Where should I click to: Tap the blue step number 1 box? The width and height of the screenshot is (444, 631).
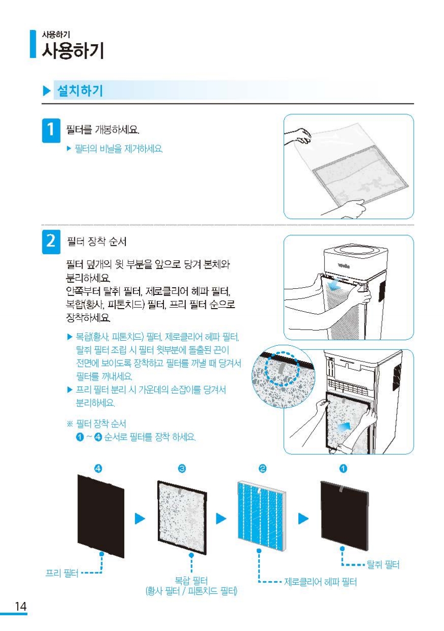51,130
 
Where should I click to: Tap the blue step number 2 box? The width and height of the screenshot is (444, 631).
51,242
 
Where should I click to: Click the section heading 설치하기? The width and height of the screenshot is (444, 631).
80,91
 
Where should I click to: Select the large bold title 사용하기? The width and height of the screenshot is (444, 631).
73,51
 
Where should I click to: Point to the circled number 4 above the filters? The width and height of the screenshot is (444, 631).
98,469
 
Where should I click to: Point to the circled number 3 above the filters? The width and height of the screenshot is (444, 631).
182,469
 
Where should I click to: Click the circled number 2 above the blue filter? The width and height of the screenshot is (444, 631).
262,469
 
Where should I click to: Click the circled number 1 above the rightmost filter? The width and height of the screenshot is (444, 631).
343,469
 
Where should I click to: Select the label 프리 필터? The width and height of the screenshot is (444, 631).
62,573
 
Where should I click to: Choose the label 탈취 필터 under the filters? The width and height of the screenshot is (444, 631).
383,564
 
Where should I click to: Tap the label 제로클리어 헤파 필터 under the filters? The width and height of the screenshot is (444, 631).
320,582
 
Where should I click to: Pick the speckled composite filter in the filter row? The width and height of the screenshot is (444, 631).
182,517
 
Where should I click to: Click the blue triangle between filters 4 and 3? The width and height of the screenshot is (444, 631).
140,518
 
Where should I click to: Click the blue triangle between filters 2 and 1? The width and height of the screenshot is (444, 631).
303,518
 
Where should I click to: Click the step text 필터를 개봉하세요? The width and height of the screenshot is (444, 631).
102,130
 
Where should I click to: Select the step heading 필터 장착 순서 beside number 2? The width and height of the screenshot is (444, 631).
96,241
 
